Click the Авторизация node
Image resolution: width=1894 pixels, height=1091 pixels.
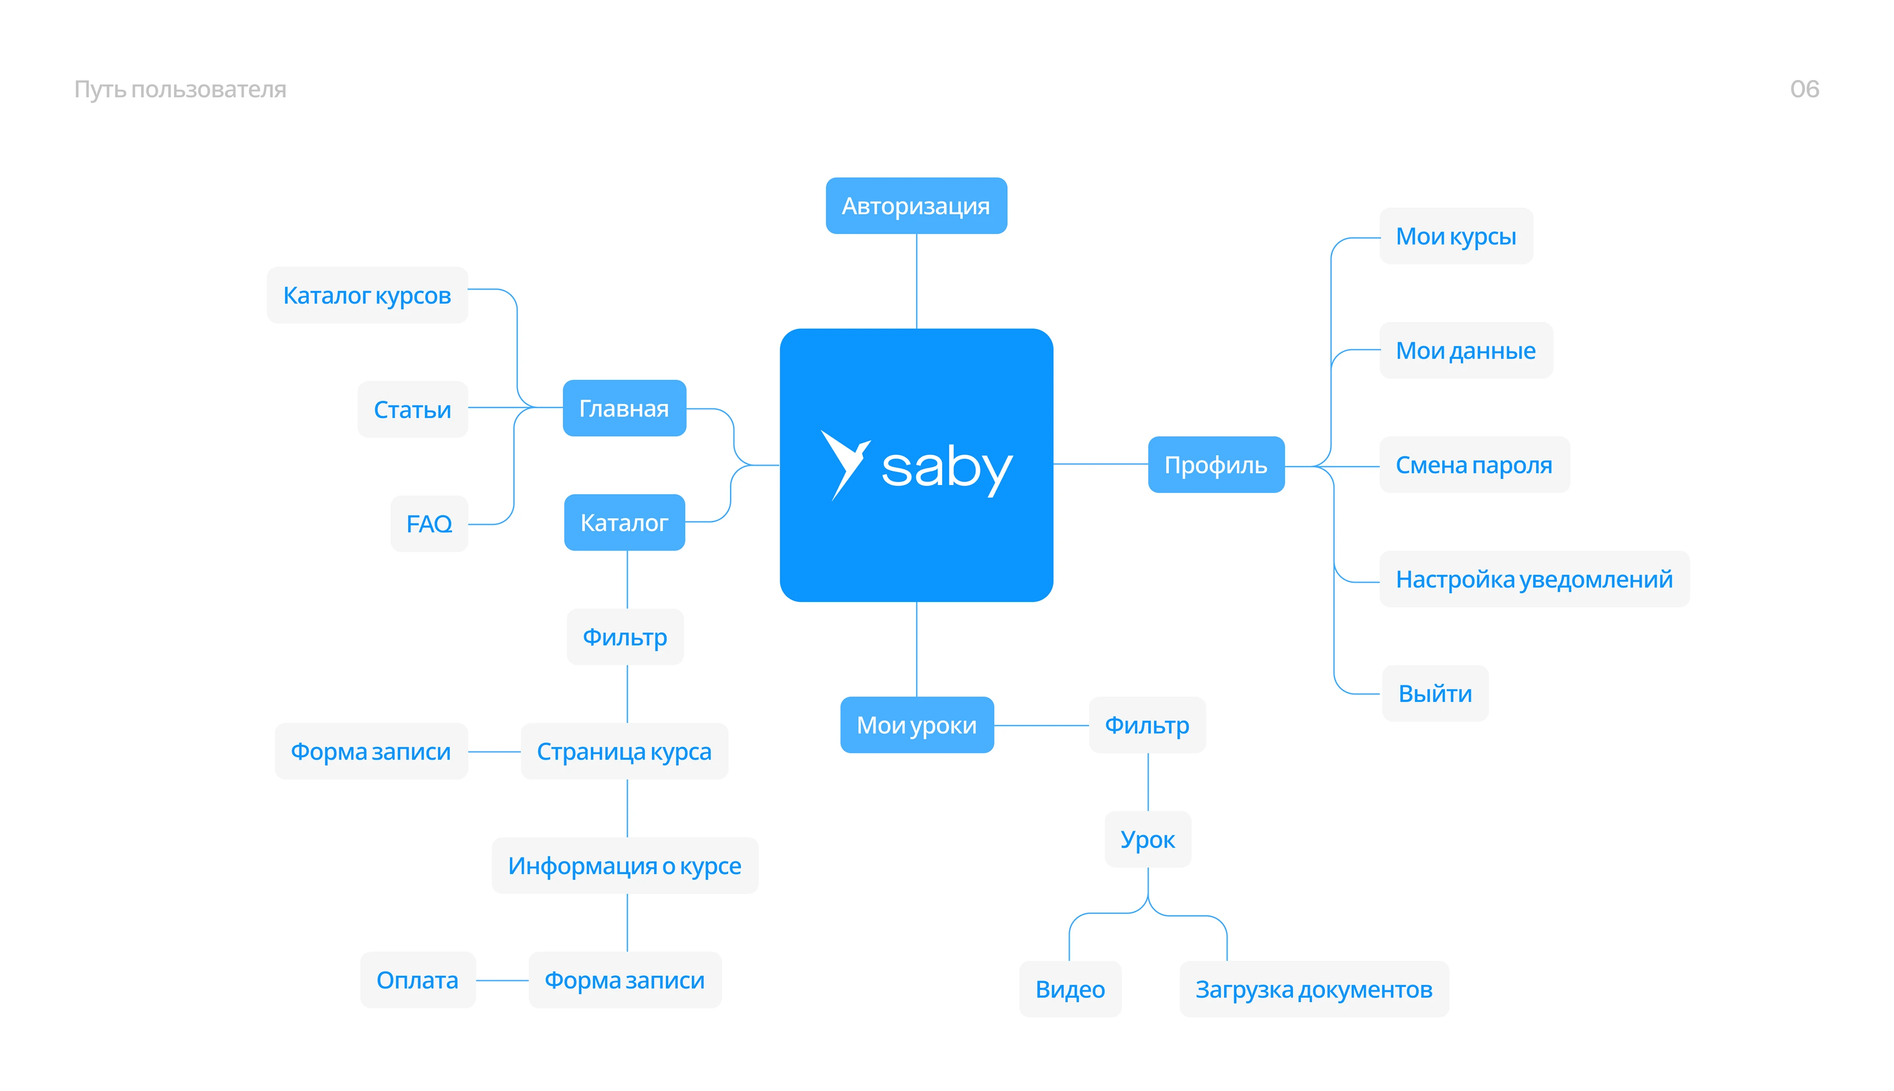coord(916,206)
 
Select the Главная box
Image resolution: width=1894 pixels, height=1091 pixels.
coord(623,408)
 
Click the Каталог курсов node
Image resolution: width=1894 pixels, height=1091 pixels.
coord(366,295)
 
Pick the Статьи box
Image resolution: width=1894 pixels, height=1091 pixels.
coord(412,410)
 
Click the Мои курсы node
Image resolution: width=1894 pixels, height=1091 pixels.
coord(1456,236)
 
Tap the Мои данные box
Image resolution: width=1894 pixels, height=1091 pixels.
coord(1465,351)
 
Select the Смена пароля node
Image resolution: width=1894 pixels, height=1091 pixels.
coord(1474,465)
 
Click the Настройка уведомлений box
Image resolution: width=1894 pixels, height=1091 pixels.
coord(1533,579)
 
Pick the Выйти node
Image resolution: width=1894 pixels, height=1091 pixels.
coord(1434,694)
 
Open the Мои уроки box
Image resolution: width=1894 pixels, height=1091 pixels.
coord(916,725)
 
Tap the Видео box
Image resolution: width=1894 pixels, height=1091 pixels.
coord(1069,989)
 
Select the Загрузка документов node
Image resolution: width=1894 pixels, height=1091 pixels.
coord(1313,989)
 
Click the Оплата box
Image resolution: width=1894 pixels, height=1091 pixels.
coord(417,980)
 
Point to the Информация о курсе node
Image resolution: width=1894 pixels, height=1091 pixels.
coord(624,866)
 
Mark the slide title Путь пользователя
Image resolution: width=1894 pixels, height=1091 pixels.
coord(180,89)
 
